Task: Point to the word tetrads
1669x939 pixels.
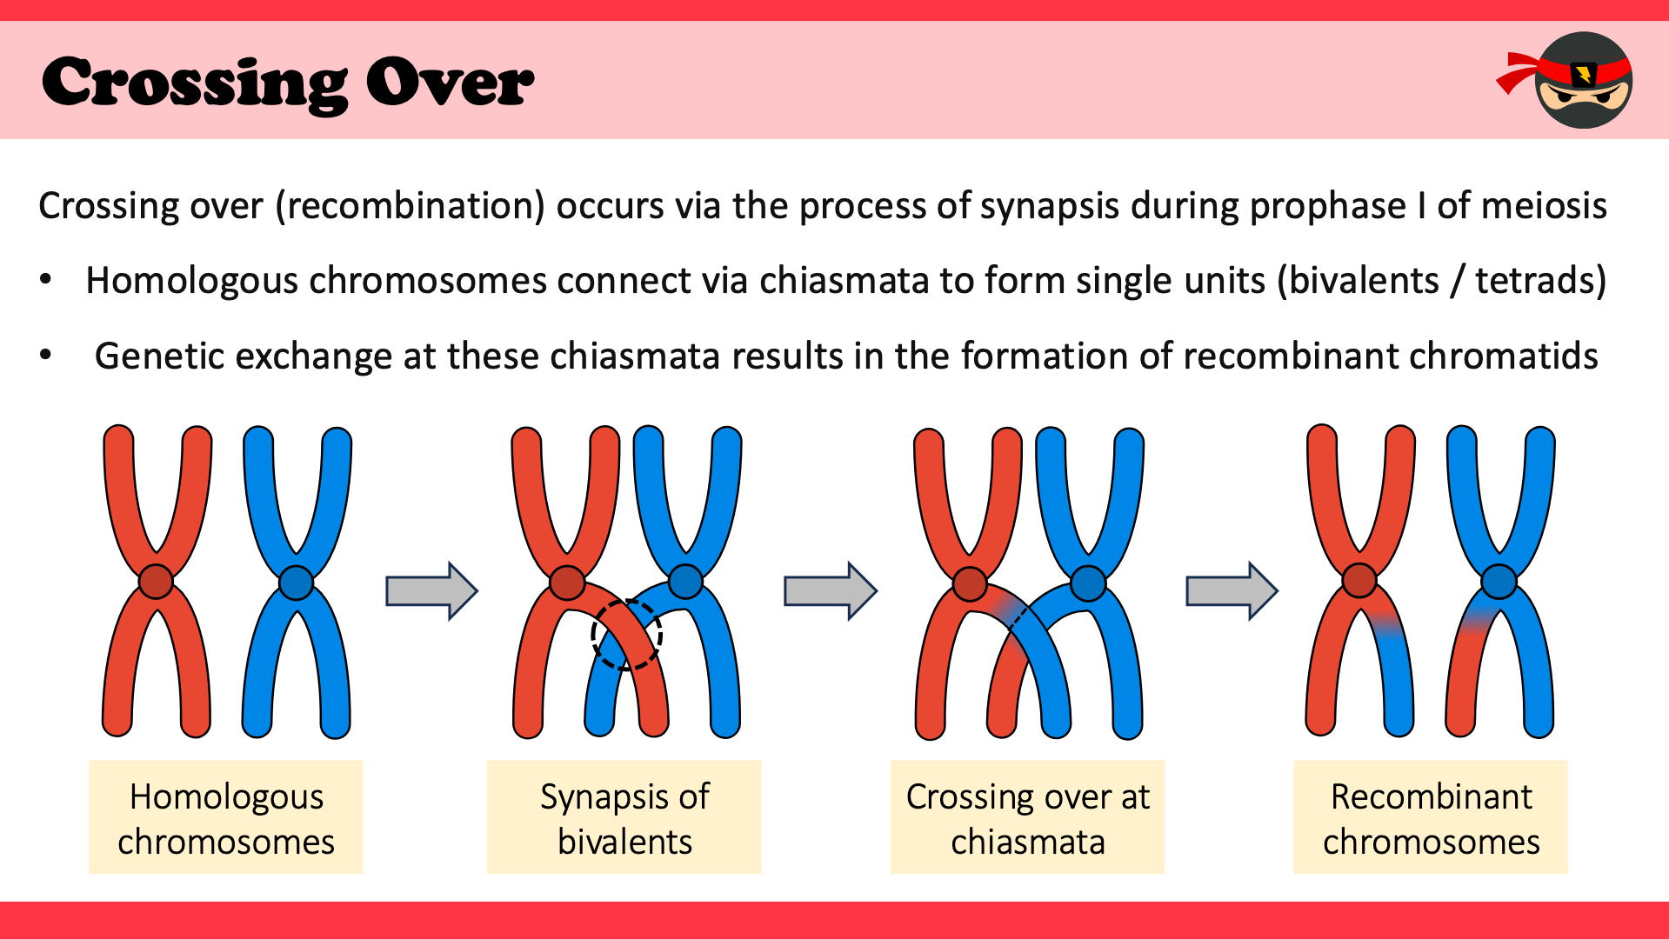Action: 1539,281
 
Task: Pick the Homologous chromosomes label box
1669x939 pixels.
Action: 226,817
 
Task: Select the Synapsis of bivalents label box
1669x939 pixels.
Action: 624,817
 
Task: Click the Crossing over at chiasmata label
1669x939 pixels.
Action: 1027,817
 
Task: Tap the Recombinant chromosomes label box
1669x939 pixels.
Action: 1431,817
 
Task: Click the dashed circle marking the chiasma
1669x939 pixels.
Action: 626,635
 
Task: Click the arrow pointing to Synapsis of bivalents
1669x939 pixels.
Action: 431,590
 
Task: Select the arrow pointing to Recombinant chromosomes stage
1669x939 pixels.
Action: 1232,590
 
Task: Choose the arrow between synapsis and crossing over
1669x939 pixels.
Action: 830,590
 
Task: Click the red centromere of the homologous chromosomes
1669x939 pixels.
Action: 157,582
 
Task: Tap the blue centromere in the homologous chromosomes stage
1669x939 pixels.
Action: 297,582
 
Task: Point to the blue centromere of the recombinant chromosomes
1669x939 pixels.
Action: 1499,581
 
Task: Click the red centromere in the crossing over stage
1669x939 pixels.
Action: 970,583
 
